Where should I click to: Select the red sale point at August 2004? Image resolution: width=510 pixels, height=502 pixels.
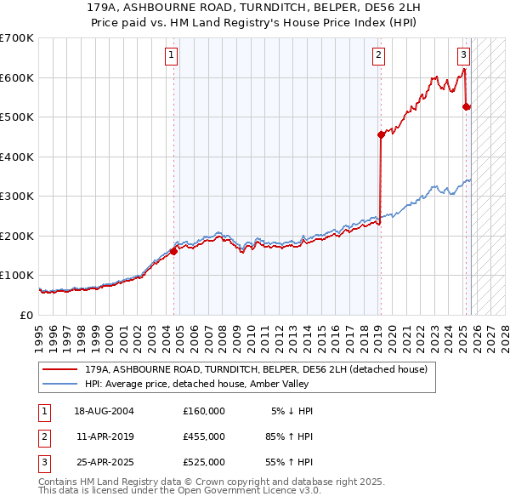click(173, 251)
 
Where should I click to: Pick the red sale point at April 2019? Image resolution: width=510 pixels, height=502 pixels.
click(381, 134)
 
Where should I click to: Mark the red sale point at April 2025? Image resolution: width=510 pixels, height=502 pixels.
click(466, 106)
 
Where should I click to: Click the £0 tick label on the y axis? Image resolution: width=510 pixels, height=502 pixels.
click(25, 315)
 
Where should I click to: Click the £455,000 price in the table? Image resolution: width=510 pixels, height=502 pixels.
click(204, 436)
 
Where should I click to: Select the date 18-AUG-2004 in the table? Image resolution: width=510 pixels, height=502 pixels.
click(104, 411)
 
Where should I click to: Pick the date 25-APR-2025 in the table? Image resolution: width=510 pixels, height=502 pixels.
click(104, 462)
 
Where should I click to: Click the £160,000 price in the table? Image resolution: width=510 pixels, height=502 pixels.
click(204, 411)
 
